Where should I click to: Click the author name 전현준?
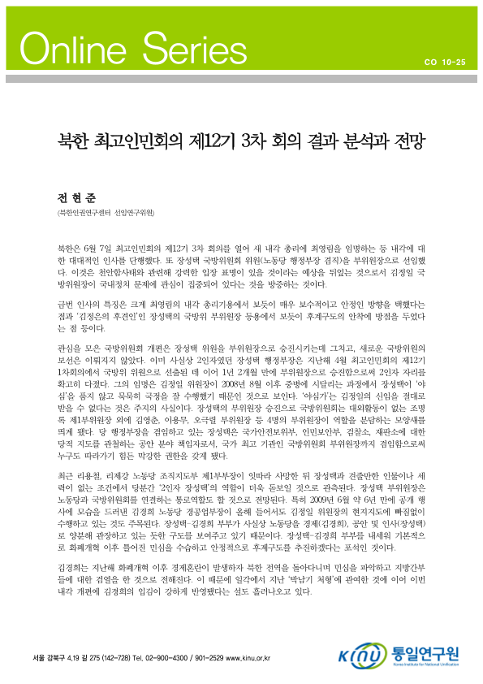pyautogui.click(x=71, y=197)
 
